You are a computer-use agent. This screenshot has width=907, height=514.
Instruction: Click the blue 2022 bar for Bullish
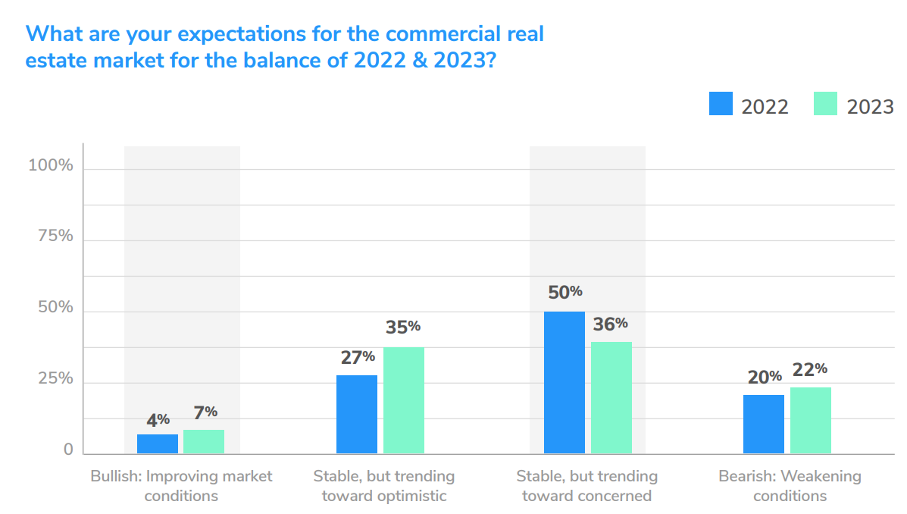[158, 443]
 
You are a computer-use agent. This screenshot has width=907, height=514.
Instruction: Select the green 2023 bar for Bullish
[204, 441]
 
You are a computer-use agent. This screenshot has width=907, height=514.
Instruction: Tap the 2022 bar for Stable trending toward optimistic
[356, 414]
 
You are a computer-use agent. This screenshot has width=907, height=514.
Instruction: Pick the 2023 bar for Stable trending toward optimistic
[403, 400]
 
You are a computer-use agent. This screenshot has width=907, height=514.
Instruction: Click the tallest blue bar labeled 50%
[565, 382]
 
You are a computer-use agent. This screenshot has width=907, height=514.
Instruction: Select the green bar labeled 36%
[611, 397]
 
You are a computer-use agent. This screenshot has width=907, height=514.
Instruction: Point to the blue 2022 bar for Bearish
[764, 424]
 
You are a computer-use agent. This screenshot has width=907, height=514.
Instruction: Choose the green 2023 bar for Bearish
[811, 420]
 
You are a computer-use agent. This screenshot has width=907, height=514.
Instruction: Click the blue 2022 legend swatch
[721, 104]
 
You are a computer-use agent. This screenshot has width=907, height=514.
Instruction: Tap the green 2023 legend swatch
[825, 104]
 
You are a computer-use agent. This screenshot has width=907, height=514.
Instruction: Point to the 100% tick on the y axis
[51, 165]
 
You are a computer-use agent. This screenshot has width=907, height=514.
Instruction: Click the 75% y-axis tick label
[55, 236]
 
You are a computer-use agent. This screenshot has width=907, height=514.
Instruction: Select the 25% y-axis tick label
[55, 378]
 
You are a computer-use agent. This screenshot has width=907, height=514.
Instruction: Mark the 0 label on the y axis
[68, 450]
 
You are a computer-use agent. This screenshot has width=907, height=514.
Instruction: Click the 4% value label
[158, 420]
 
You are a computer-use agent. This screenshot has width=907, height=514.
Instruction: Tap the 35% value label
[403, 327]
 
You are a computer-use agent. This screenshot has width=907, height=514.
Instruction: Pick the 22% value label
[810, 369]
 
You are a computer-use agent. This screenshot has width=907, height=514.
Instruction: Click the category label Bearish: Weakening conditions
[790, 486]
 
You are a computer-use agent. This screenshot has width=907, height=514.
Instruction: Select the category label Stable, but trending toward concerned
[587, 486]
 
